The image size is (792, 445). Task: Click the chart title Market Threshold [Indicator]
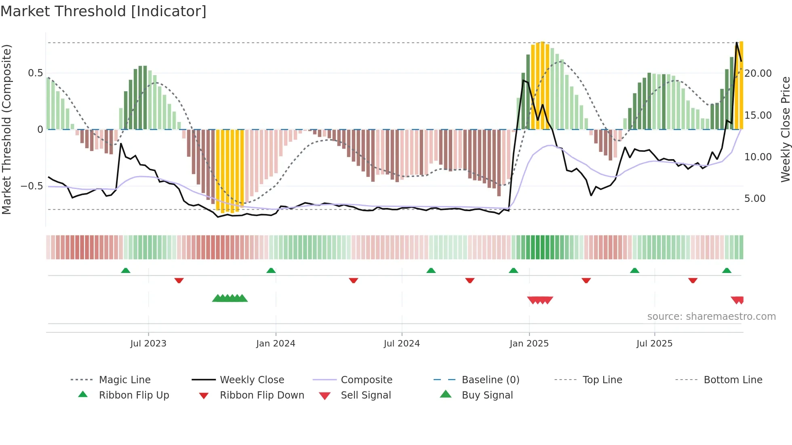click(x=103, y=11)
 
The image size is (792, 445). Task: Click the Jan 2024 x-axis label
click(x=276, y=344)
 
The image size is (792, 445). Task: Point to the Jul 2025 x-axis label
click(x=654, y=344)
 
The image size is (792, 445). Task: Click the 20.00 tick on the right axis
click(x=758, y=73)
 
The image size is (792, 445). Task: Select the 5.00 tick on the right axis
click(x=754, y=199)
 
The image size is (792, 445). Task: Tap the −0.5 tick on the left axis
click(x=32, y=186)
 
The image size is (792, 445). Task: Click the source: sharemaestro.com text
click(x=711, y=317)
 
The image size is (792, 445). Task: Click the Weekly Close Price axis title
click(x=785, y=129)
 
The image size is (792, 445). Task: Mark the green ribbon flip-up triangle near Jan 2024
click(x=271, y=271)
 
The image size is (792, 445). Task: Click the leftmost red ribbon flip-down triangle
click(x=179, y=280)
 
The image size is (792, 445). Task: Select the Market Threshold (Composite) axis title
click(x=6, y=129)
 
